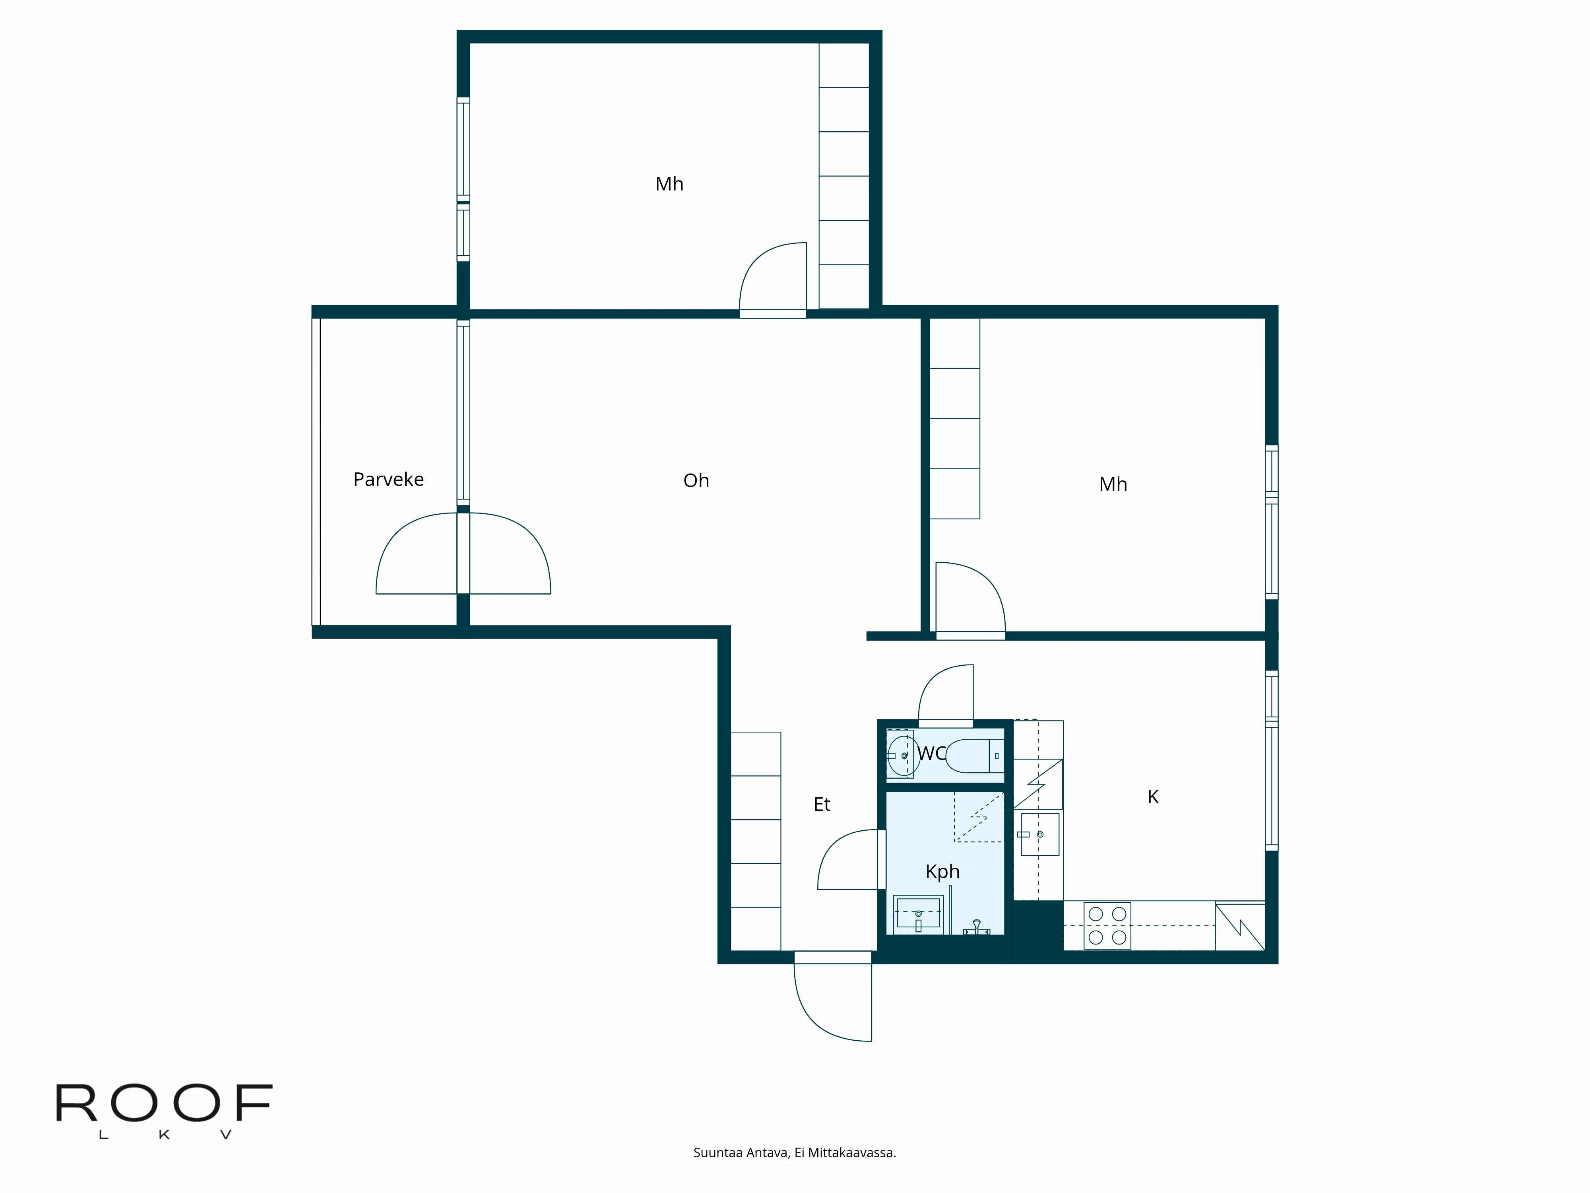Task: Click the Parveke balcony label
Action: tap(388, 480)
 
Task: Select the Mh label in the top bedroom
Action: tap(669, 184)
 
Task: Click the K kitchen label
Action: tap(1153, 797)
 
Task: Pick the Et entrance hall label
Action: tap(822, 805)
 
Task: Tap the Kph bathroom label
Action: tap(942, 872)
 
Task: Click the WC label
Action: tap(932, 753)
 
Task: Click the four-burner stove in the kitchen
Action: tap(1107, 925)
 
